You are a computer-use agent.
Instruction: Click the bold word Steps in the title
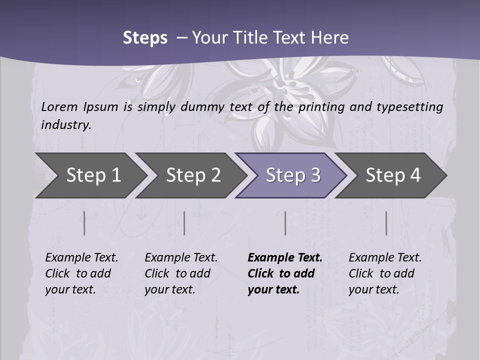pyautogui.click(x=145, y=38)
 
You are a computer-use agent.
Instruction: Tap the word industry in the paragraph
pyautogui.click(x=65, y=125)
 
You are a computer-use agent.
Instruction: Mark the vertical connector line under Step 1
pyautogui.click(x=84, y=223)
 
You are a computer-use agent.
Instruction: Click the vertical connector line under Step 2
pyautogui.click(x=184, y=223)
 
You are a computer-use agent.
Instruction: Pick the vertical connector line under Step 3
pyautogui.click(x=285, y=223)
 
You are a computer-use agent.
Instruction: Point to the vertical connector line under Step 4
pyautogui.click(x=386, y=223)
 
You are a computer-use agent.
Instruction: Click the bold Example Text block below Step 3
pyautogui.click(x=284, y=273)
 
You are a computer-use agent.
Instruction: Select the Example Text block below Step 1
pyautogui.click(x=81, y=273)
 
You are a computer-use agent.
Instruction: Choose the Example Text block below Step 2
pyautogui.click(x=181, y=273)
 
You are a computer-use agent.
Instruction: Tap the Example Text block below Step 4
pyautogui.click(x=385, y=273)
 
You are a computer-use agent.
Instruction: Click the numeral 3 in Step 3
pyautogui.click(x=315, y=175)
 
